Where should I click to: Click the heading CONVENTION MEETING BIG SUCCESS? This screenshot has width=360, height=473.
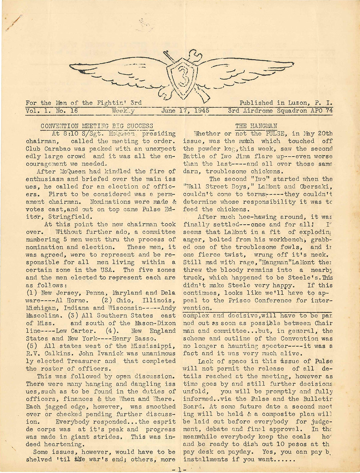point(96,126)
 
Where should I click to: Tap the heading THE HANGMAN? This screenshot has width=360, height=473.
point(256,126)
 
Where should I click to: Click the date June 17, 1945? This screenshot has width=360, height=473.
point(185,111)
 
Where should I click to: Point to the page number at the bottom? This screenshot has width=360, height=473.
point(179,469)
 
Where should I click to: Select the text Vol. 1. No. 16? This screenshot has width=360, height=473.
point(52,111)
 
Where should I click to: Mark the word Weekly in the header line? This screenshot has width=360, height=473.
point(123,111)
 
